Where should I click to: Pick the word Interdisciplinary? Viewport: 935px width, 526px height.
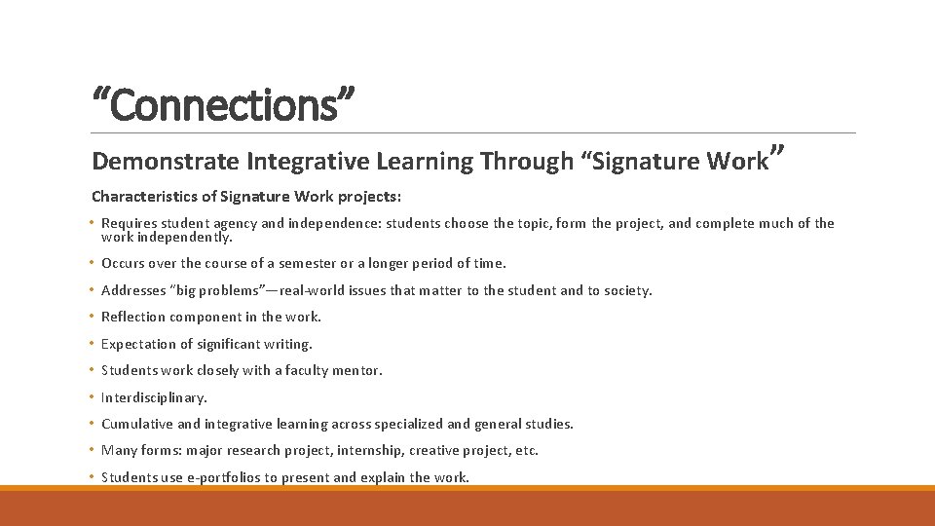point(154,397)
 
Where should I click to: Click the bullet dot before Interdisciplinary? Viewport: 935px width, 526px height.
point(93,397)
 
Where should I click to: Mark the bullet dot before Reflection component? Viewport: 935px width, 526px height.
point(93,317)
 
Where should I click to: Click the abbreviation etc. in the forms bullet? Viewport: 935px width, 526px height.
point(526,450)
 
